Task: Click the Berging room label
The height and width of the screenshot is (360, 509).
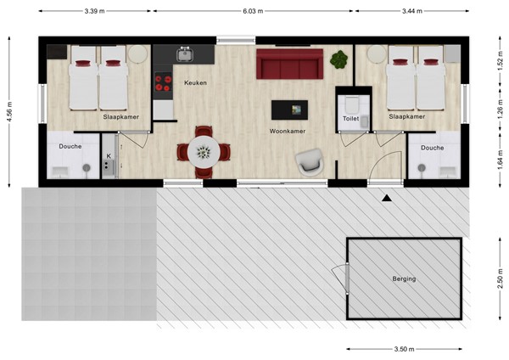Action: coord(404,278)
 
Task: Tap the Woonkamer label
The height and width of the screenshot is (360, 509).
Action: coord(287,132)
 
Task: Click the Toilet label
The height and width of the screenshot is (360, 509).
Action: coord(351,120)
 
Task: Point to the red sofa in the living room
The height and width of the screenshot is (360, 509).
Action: coord(290,65)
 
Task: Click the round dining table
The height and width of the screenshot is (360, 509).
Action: coord(203,152)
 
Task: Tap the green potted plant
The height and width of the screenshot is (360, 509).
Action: coord(339,59)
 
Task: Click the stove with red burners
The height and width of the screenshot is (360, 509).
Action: coord(161,83)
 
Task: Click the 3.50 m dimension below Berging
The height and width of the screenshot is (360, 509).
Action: coord(404,349)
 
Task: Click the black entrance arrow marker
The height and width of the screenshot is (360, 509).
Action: coord(387,199)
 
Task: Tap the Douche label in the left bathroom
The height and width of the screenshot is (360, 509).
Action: coord(70,147)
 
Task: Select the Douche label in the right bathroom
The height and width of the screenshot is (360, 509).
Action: coord(432,147)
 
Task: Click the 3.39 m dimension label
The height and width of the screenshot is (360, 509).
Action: coord(96,11)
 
